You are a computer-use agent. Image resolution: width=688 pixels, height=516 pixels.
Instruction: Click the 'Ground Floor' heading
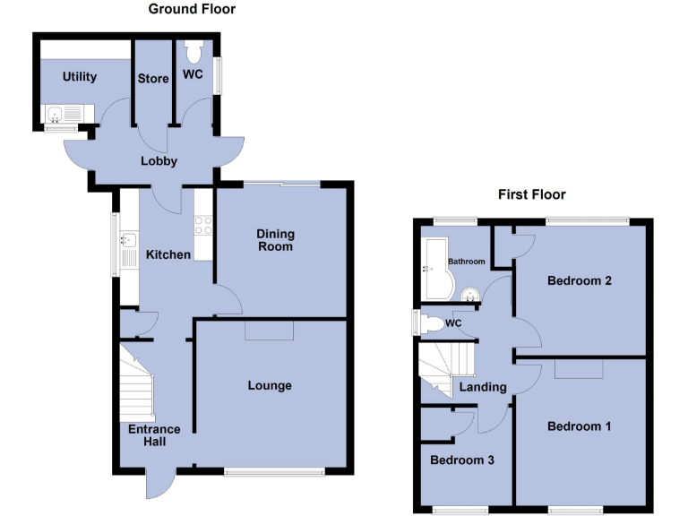(x=192, y=9)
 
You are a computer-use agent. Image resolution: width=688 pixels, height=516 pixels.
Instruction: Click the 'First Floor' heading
(x=532, y=194)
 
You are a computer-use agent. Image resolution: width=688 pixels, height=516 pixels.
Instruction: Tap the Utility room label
(x=79, y=77)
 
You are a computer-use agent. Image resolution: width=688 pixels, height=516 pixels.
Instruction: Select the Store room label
(x=153, y=79)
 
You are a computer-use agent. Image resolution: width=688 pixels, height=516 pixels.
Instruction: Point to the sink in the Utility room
(x=56, y=114)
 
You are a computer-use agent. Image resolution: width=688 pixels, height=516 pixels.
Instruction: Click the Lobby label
(x=159, y=161)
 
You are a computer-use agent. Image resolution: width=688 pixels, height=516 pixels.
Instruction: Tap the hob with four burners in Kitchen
(x=202, y=224)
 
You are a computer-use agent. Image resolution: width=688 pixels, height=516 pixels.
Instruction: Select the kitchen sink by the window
(x=128, y=239)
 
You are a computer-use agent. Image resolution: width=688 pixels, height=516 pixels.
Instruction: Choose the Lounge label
(x=270, y=385)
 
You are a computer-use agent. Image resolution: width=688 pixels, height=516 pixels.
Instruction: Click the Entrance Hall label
(x=148, y=434)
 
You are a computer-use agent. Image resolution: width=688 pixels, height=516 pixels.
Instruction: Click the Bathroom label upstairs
(x=467, y=262)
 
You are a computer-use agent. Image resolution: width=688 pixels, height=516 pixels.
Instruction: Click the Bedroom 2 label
(x=579, y=280)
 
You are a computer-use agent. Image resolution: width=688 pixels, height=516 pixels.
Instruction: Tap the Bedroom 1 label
(x=579, y=426)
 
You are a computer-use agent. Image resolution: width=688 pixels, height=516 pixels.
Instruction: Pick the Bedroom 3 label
(x=461, y=460)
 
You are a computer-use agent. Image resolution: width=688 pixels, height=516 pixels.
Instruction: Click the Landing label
(x=483, y=388)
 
